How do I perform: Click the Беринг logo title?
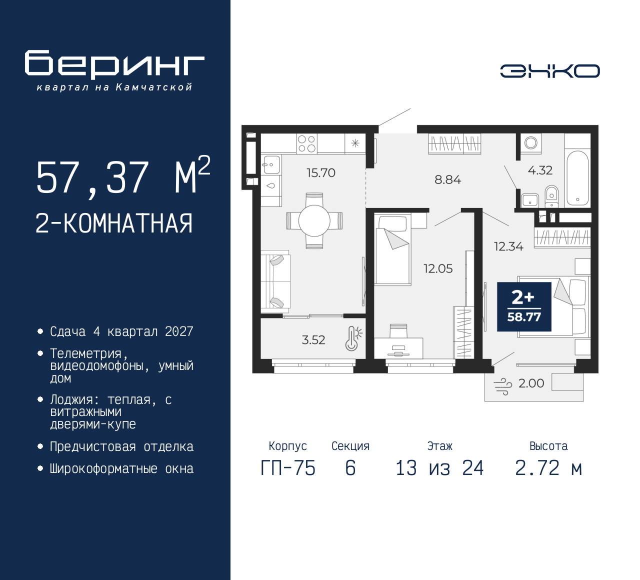pos(114,64)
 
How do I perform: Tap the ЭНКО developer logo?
pos(549,71)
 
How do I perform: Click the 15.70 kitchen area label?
pos(320,173)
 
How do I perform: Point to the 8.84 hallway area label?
pos(447,179)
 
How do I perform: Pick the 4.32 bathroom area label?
pos(540,170)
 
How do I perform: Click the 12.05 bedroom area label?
pos(438,269)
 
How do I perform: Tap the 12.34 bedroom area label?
pos(508,246)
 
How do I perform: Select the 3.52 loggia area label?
pos(313,340)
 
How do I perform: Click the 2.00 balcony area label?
pos(531,383)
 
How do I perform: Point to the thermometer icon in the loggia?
pos(353,338)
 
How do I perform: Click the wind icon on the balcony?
pos(503,386)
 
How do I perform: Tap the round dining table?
pos(314,220)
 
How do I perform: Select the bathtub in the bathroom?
pos(577,176)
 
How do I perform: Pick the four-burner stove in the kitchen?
pos(306,143)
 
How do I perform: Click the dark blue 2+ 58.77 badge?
pos(524,306)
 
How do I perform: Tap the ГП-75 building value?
pos(288,468)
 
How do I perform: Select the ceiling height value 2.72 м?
pos(548,468)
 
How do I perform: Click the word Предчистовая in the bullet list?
pos(92,447)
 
